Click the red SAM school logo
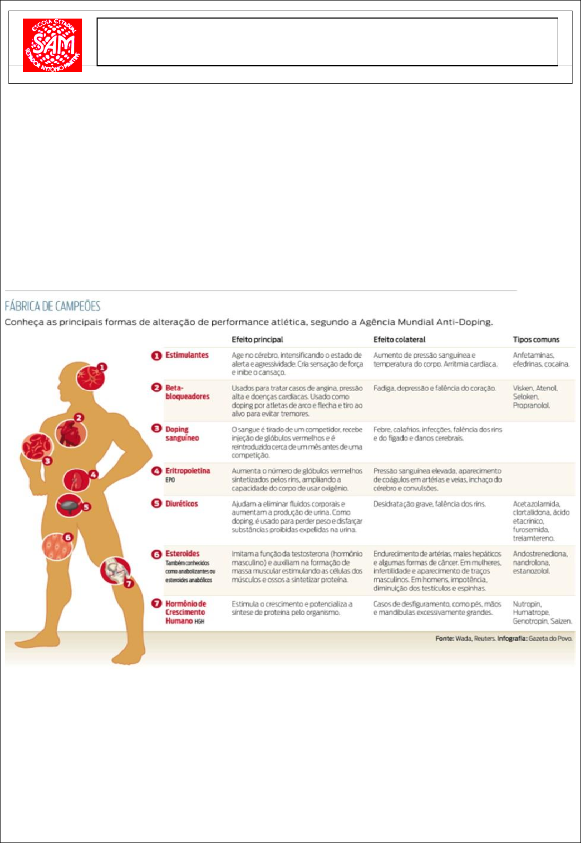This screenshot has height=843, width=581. (x=53, y=46)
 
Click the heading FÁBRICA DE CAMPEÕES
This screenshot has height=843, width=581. (x=53, y=306)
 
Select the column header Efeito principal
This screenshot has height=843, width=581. (x=257, y=340)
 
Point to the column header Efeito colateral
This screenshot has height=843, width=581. (x=399, y=340)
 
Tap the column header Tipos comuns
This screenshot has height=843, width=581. (x=536, y=340)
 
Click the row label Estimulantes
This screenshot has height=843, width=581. (x=187, y=355)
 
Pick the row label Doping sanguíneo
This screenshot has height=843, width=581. (x=182, y=434)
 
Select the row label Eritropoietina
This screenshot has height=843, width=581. (x=187, y=471)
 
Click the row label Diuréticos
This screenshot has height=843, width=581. (x=181, y=504)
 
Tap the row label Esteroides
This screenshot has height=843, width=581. (x=183, y=554)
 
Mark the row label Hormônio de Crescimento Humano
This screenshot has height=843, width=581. (x=185, y=612)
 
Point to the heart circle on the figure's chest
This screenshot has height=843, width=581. (x=70, y=433)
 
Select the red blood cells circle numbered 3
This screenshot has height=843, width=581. (x=37, y=447)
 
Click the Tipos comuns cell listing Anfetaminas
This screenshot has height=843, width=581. (x=541, y=359)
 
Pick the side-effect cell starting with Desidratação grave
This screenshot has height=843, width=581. (x=429, y=504)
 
